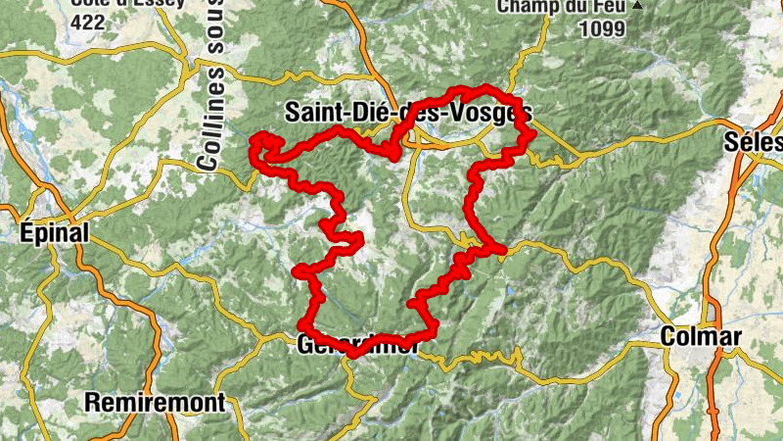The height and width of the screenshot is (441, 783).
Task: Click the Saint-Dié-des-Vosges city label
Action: click(407, 113)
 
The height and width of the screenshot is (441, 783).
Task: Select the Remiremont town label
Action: click(155, 402)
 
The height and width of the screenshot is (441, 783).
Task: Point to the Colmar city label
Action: click(702, 336)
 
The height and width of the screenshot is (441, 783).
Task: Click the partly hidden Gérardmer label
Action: click(356, 345)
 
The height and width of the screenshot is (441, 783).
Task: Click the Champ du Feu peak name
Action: click(562, 7)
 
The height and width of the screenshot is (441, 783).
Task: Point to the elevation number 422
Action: click(87, 23)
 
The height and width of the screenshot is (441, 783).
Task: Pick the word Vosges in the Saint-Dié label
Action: click(495, 113)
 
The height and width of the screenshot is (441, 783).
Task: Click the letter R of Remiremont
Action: click(92, 402)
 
